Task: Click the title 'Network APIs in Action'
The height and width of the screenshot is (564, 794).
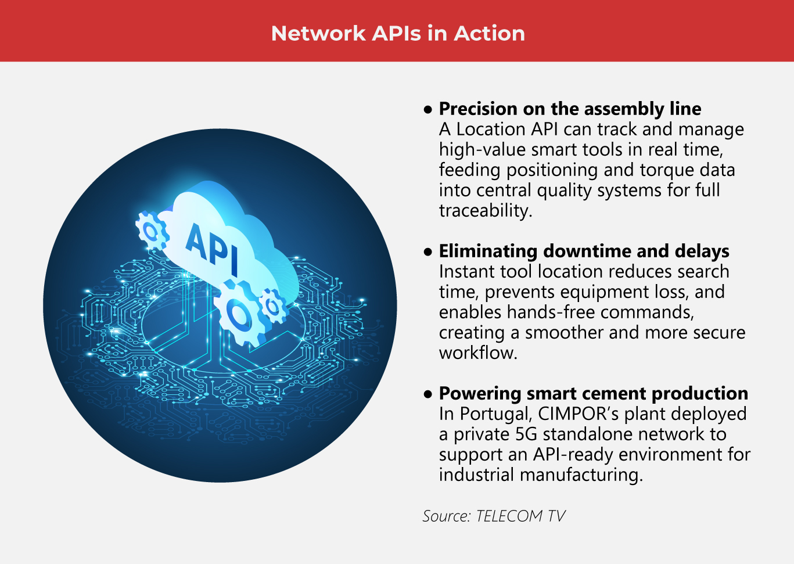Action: (x=398, y=33)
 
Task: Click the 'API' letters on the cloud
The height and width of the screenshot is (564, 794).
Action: (x=212, y=248)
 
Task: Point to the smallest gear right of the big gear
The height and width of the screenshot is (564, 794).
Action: (x=272, y=305)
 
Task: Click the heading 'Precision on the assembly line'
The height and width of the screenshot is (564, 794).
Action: (x=570, y=109)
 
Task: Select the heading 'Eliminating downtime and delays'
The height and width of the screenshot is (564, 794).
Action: (x=584, y=251)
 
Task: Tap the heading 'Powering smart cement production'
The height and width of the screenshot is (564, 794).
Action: (x=593, y=393)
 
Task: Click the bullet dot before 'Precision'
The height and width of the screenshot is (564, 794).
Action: (x=428, y=109)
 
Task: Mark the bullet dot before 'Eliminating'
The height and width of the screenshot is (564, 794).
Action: (x=428, y=252)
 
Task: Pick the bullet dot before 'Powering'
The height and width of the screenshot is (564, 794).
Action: (x=428, y=394)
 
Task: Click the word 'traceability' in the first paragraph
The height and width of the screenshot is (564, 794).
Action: (x=485, y=210)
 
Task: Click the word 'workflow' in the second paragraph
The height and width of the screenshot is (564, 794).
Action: (x=477, y=353)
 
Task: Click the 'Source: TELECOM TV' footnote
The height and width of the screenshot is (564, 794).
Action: (x=494, y=516)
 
